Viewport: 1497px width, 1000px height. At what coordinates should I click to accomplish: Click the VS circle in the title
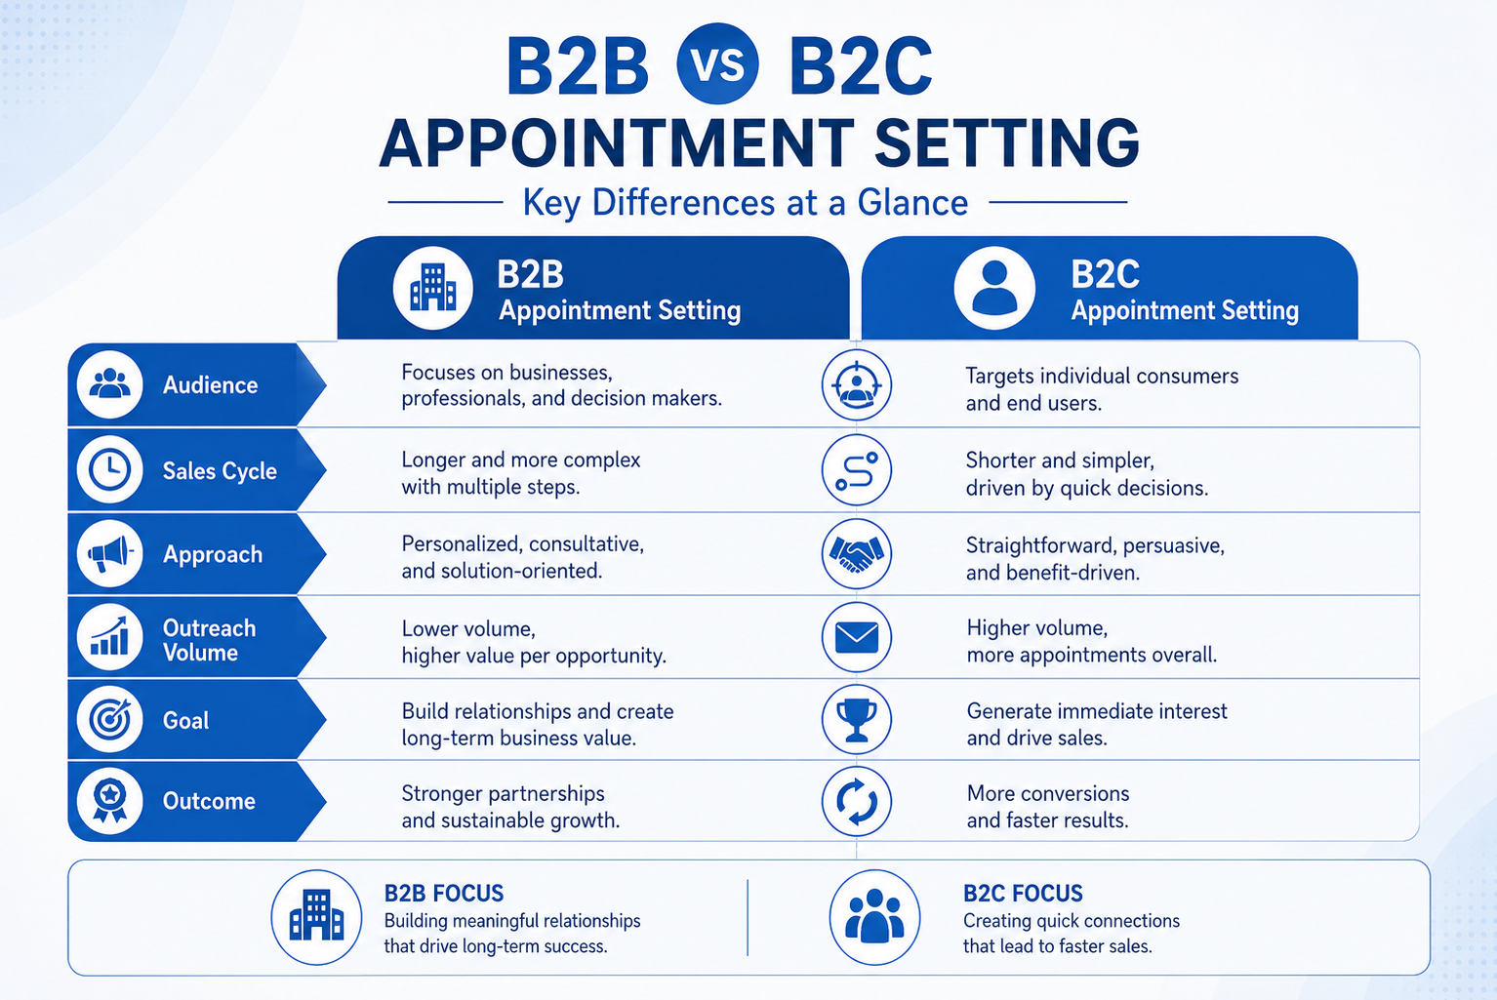coord(717,63)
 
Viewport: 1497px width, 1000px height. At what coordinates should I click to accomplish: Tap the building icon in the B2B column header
coord(433,288)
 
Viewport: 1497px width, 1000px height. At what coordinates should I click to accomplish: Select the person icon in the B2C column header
coord(994,288)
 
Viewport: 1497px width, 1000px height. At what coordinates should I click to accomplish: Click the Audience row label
coord(211,385)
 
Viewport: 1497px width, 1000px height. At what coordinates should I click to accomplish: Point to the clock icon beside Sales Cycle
coord(109,469)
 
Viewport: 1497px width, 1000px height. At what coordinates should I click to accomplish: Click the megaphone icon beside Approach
coord(109,554)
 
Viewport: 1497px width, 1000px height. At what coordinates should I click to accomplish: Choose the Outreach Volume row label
coord(209,640)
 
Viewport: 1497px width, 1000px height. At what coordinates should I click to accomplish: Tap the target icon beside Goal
coord(109,719)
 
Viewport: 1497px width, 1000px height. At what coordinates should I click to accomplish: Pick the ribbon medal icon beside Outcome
coord(109,800)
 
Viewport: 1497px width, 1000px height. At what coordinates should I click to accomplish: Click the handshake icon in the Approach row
coord(856,554)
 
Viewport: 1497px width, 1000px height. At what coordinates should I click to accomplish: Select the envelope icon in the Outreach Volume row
coord(856,637)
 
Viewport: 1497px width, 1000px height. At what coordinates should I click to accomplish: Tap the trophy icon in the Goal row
coord(856,719)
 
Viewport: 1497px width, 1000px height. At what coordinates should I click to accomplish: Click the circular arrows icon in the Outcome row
coord(856,801)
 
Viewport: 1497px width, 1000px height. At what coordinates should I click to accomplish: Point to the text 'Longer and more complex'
coord(520,460)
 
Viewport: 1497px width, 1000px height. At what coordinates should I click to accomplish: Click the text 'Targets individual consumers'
coord(1102,376)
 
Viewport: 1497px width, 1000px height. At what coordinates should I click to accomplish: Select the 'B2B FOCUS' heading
coord(444,893)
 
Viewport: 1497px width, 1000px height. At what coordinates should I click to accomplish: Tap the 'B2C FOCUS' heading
coord(1023,893)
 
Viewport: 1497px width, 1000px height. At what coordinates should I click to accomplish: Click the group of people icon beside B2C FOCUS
coord(874,917)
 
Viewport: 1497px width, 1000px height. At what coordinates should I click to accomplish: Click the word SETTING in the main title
coord(1007,143)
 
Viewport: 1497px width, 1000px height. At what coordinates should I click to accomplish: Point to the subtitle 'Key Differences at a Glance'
coord(746,202)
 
